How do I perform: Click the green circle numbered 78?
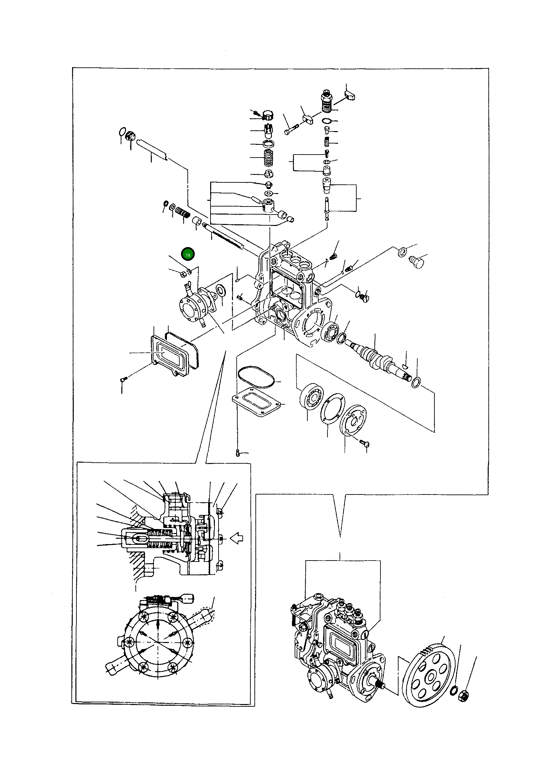188,255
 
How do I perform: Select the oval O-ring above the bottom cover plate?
257,377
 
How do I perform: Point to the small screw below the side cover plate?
123,379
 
